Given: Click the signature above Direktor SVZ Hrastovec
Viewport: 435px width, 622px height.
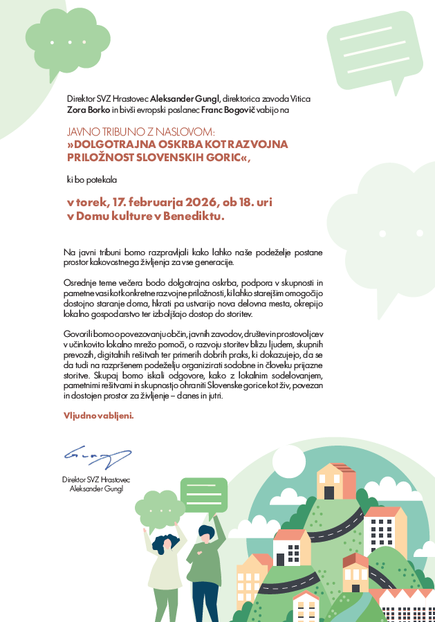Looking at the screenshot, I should pos(97,456).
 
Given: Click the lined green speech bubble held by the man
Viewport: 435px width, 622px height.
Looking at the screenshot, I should pos(203,495).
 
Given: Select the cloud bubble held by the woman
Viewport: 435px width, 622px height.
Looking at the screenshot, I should pos(160,509).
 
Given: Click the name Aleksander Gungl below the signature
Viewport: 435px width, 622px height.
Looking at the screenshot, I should pos(95,488).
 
